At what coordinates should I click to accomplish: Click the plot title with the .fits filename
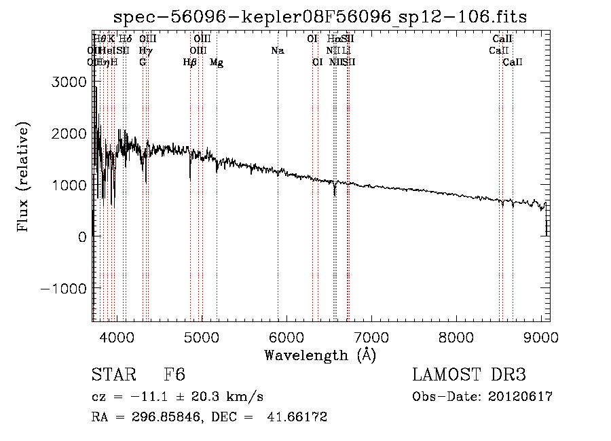click(x=320, y=16)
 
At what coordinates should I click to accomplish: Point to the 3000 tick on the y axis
click(x=70, y=82)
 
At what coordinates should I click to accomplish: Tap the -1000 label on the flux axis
click(x=64, y=288)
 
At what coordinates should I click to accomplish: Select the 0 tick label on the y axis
click(x=81, y=236)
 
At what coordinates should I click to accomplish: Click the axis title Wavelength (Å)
click(x=320, y=355)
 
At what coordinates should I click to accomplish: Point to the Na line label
click(x=277, y=51)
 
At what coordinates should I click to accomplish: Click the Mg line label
click(x=217, y=63)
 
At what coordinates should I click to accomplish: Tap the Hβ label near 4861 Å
click(x=190, y=63)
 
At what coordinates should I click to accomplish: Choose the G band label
click(x=143, y=63)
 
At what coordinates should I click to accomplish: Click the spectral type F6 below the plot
click(x=174, y=376)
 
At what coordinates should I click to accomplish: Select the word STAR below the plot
click(x=112, y=376)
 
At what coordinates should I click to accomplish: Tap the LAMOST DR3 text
click(x=469, y=376)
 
